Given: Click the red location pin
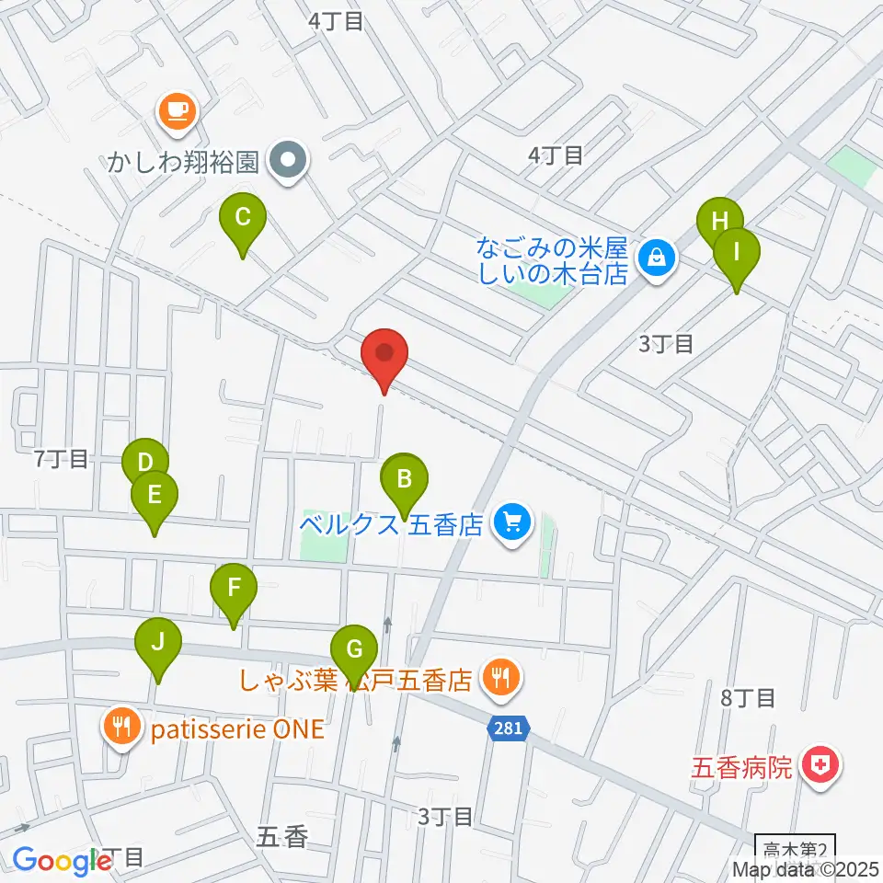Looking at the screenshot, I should pyautogui.click(x=384, y=354).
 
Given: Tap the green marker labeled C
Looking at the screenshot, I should pyautogui.click(x=243, y=219).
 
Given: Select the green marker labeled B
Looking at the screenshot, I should pyautogui.click(x=404, y=479).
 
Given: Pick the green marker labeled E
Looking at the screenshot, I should pyautogui.click(x=155, y=496).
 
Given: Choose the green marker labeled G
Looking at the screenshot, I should pyautogui.click(x=354, y=649).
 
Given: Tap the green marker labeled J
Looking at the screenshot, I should pyautogui.click(x=158, y=643).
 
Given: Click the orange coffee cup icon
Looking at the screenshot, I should pyautogui.click(x=175, y=111).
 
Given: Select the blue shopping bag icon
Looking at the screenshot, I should pyautogui.click(x=658, y=258).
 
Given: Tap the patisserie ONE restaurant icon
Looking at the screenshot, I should pyautogui.click(x=123, y=728).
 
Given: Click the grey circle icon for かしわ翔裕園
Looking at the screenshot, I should pyautogui.click(x=289, y=164).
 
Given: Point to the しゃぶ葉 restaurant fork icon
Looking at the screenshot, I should pyautogui.click(x=501, y=680).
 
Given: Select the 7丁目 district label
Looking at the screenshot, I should pyautogui.click(x=61, y=459).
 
